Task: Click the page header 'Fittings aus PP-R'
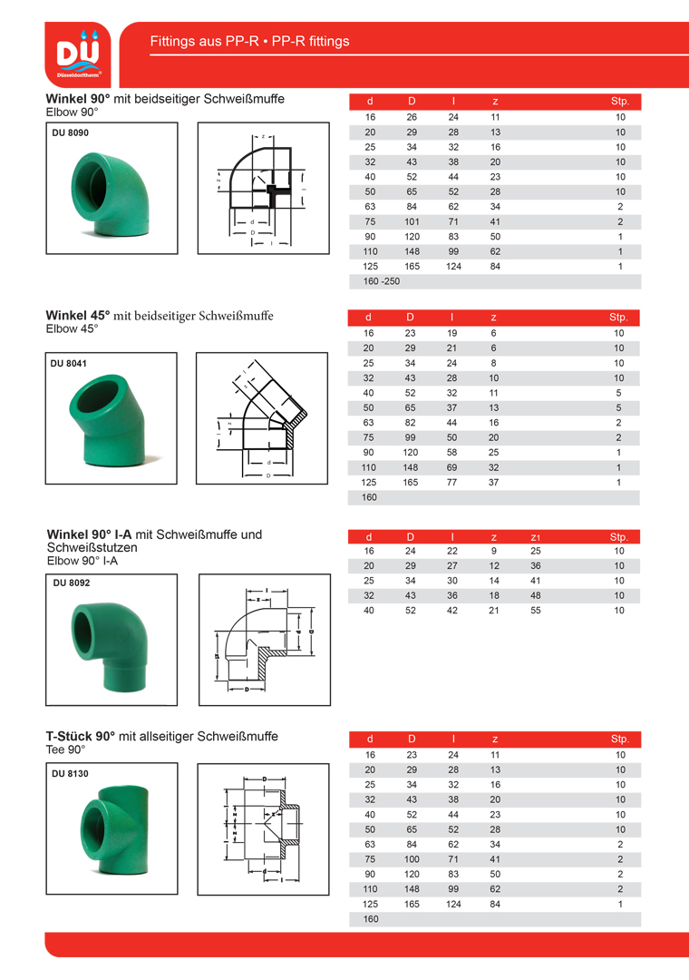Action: [249, 42]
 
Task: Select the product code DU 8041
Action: [69, 363]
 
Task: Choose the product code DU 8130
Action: [70, 774]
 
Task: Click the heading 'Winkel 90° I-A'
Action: [91, 534]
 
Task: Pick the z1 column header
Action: [535, 537]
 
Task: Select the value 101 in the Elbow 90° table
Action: [412, 221]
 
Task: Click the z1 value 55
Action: [535, 611]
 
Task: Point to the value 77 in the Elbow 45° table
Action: [452, 483]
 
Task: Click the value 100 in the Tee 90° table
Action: [412, 859]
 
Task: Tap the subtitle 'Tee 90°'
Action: [65, 750]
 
